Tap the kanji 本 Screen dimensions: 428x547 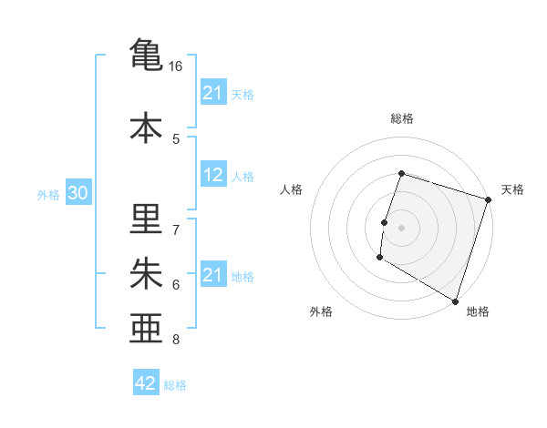coord(147,127)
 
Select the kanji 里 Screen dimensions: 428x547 coord(147,220)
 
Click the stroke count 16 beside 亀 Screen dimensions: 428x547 coord(176,66)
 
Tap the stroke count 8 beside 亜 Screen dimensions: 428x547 coord(176,340)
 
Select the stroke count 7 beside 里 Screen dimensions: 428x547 coord(176,229)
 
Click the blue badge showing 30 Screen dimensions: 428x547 coord(77,194)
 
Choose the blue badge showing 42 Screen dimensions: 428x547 coord(145,383)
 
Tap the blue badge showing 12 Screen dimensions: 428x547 coord(213,176)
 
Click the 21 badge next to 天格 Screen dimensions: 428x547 coord(213,93)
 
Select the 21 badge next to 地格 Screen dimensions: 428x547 coord(213,276)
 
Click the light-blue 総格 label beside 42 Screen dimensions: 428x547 coord(175,385)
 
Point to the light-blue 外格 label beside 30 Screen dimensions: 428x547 coord(48,195)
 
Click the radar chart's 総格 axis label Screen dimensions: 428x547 coord(401,118)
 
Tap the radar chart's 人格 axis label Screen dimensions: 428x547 coord(292,189)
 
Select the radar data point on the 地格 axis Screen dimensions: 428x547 coord(454,301)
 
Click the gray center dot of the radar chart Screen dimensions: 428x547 coord(401,228)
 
